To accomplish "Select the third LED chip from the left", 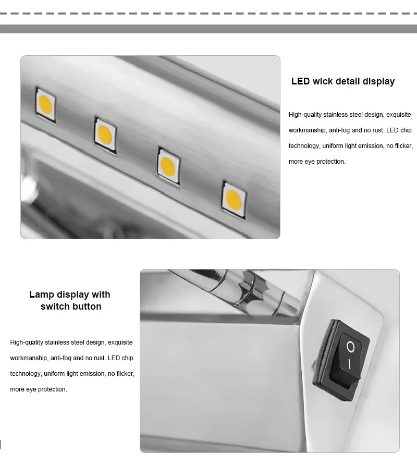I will click(168, 164).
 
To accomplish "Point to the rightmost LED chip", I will click(232, 197).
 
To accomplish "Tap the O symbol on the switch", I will click(351, 346).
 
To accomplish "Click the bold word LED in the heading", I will click(300, 81).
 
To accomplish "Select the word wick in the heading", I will click(324, 81).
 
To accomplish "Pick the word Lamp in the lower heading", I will click(42, 295).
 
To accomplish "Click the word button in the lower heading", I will click(87, 306).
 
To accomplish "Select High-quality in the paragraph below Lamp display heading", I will click(27, 342).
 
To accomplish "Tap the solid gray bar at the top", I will click(208, 29).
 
